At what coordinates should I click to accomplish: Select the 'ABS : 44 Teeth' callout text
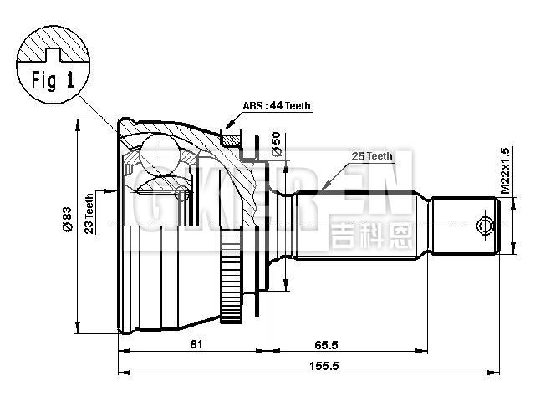coord(275,106)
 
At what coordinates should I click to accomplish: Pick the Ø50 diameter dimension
coord(276,144)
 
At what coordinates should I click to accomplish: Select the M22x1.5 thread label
coord(504,171)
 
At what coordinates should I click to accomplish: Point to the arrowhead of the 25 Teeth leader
coord(323,193)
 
